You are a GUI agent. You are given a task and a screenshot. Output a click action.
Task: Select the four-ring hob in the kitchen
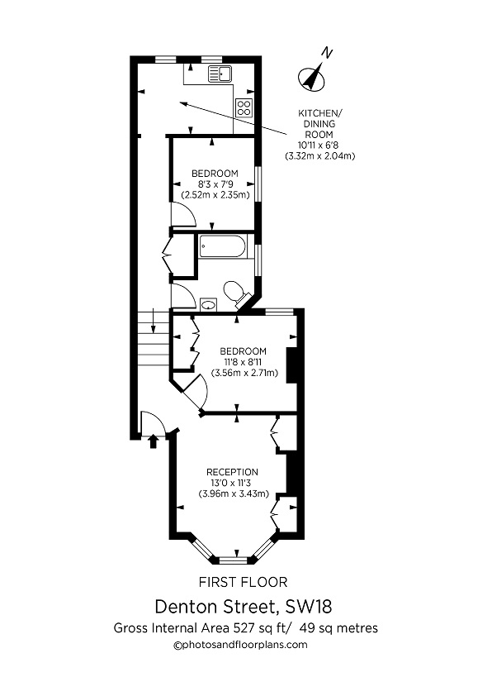tap(244, 106)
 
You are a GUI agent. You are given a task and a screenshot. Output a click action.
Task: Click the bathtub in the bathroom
tap(222, 247)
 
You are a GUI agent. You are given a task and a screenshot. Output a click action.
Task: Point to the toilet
tap(235, 291)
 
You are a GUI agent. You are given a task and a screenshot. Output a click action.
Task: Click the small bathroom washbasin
tap(208, 304)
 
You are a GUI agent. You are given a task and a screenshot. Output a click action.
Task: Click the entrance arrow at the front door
tap(152, 442)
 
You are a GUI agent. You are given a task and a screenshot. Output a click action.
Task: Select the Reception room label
tap(232, 472)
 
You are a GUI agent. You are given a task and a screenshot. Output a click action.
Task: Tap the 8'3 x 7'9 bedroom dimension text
tap(215, 184)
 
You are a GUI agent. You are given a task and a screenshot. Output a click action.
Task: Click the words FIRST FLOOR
tap(244, 582)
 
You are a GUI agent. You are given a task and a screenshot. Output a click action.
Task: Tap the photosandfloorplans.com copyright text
tap(240, 645)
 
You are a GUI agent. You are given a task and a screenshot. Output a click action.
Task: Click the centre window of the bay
tap(235, 555)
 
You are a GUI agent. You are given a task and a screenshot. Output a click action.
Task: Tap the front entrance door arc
tap(154, 423)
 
